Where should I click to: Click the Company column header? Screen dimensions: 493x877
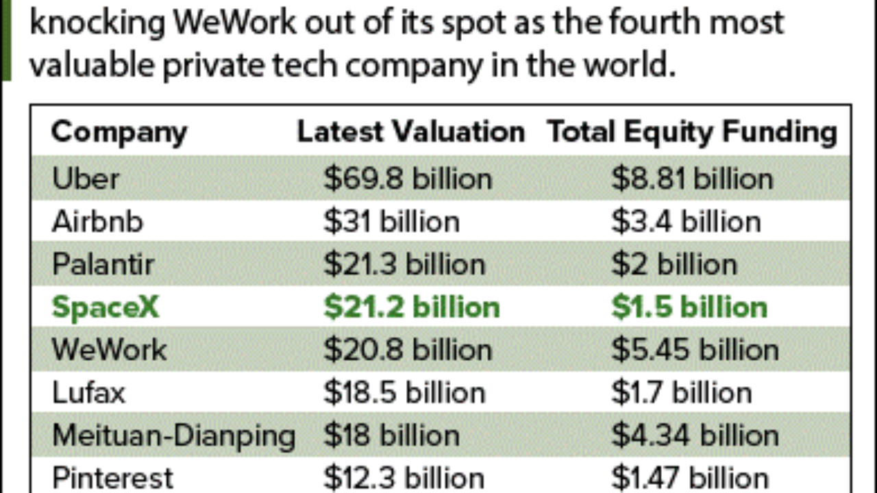coord(119,132)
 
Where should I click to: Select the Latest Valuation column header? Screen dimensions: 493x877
coord(410,132)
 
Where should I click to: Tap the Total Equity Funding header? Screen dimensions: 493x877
coord(692,132)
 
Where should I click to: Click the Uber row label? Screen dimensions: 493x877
coord(85,179)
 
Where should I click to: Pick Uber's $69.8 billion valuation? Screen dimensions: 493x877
coord(408,179)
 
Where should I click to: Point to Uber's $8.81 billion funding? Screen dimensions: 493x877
coord(692,179)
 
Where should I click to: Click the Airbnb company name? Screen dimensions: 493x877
coord(97,222)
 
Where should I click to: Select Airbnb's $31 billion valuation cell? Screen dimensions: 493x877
coord(391,222)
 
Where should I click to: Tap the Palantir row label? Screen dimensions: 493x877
coord(103,264)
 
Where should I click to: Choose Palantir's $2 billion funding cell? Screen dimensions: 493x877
coord(674,264)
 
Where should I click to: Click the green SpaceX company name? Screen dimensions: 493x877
coord(106,307)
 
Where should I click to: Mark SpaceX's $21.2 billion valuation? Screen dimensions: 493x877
coord(411,307)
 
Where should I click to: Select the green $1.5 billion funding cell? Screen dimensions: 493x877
coord(689,307)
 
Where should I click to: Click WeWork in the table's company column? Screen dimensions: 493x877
coord(110,350)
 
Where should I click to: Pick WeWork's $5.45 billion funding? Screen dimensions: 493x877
coord(695,350)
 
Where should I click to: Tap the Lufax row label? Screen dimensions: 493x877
coord(89,393)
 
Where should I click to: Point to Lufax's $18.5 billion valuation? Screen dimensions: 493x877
coord(404,393)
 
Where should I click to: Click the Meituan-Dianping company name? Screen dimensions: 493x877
coord(174,435)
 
